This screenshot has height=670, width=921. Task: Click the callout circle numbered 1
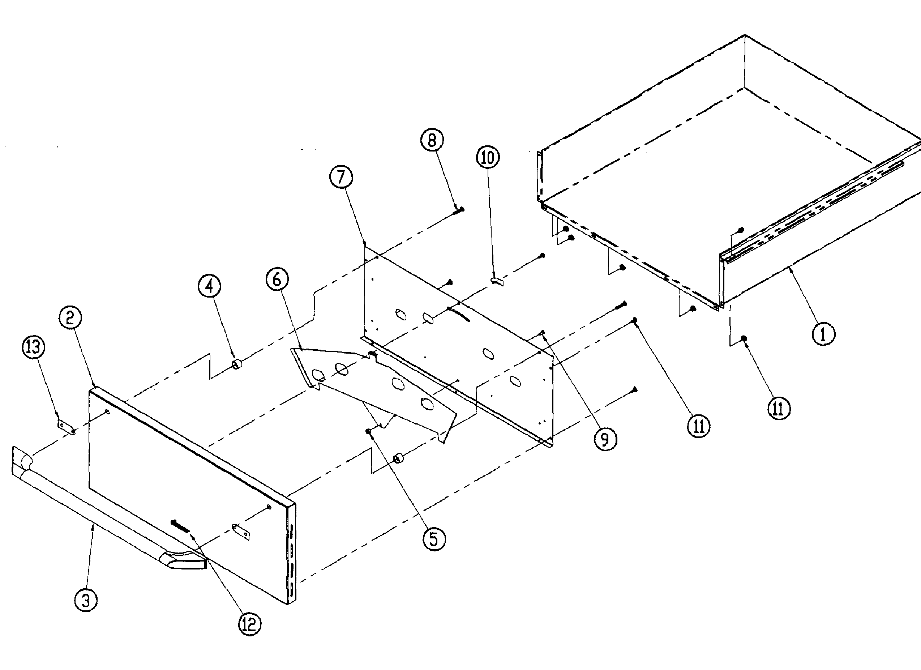point(823,334)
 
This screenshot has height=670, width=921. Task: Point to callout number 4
point(209,286)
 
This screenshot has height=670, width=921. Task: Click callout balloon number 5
point(434,539)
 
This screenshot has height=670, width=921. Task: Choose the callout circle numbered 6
point(277,279)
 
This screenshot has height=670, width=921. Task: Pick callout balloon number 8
point(432,140)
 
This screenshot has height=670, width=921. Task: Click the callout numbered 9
point(605,439)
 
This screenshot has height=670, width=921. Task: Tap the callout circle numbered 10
point(488,157)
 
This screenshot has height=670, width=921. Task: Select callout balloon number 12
point(249,624)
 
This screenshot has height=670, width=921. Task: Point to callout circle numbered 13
point(33,347)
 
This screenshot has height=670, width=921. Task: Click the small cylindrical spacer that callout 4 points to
point(236,363)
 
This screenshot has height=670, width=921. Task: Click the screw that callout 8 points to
point(459,210)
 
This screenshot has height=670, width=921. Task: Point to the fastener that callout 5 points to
point(369,431)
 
